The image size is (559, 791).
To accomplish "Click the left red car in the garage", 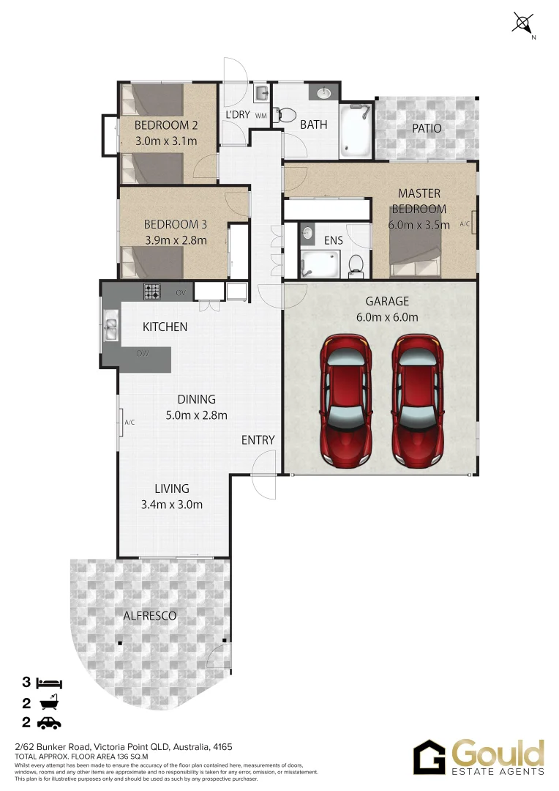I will pos(345,401).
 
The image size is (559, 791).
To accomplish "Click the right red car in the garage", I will pos(417,401).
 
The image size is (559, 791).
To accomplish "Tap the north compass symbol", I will pos(523,23).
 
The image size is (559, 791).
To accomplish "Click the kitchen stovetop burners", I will pos(151,292).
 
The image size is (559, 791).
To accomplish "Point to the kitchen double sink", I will pos(112,327).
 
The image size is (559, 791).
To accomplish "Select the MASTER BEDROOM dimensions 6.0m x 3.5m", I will pos(419,225).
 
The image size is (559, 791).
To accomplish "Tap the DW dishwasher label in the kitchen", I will pos(143,354).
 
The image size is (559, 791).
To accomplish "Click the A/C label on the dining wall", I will pos(130,423).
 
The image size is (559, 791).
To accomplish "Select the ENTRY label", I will pos(258,440).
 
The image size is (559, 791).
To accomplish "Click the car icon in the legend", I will pos(50,724).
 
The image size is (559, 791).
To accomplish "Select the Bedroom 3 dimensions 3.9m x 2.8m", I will pos(175,239).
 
